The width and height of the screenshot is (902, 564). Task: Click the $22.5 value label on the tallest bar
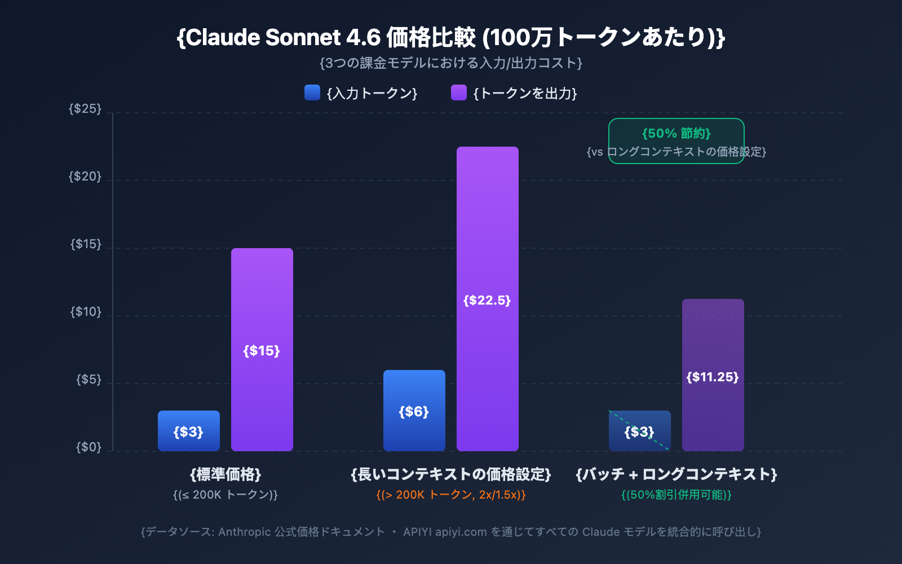(x=487, y=300)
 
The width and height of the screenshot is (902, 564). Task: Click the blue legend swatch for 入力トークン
(x=312, y=92)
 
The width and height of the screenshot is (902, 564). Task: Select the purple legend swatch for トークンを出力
(x=459, y=92)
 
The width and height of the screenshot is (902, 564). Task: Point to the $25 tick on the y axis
(x=85, y=108)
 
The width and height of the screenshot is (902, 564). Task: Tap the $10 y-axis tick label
(x=86, y=312)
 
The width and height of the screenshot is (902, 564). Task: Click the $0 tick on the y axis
(x=89, y=447)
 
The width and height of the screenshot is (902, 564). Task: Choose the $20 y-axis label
(x=85, y=177)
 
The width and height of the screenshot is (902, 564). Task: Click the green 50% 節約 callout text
(x=676, y=134)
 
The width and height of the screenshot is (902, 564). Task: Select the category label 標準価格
(x=225, y=474)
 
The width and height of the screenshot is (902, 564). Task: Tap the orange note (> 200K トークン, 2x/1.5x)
(x=451, y=495)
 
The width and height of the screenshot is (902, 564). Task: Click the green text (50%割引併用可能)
(x=676, y=495)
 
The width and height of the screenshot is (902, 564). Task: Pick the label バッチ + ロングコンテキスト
(x=676, y=474)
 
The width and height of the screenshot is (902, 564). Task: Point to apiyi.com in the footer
(x=461, y=532)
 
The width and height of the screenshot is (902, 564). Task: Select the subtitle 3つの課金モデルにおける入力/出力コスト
(x=451, y=63)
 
